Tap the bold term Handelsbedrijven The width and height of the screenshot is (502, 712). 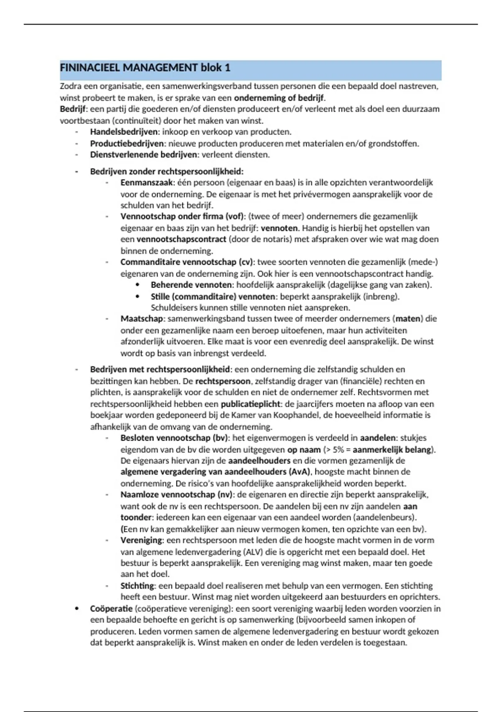[124, 132]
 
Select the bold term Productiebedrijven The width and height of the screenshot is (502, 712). [127, 144]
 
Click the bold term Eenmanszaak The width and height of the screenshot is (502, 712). [146, 183]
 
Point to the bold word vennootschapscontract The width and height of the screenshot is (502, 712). [181, 240]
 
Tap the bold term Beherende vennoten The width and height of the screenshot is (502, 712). [192, 285]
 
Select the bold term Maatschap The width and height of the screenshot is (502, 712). [141, 319]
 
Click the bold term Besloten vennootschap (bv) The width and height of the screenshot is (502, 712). [175, 438]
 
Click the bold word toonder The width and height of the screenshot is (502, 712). [136, 517]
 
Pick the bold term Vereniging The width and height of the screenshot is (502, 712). [141, 540]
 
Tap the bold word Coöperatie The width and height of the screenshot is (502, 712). [111, 609]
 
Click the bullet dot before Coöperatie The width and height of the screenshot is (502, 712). [77, 609]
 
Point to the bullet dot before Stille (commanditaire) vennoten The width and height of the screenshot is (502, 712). [137, 297]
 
